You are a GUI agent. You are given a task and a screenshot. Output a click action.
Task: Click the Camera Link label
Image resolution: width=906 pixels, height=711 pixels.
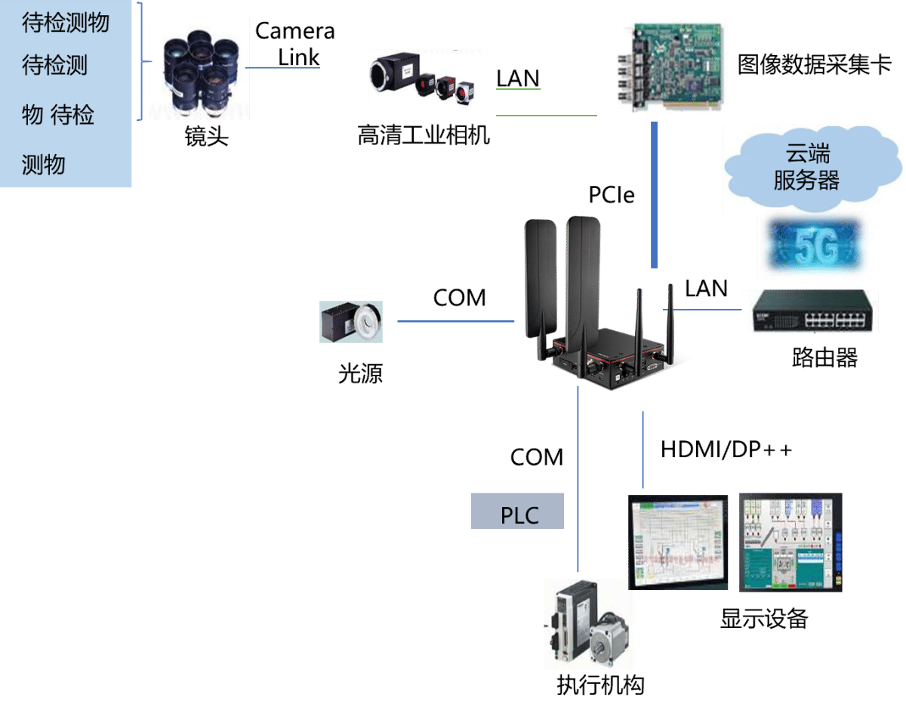(295, 43)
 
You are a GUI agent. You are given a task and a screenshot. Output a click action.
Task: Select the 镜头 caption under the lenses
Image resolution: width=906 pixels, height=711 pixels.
(206, 137)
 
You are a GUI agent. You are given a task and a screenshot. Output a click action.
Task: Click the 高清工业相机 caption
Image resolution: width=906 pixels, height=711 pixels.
(424, 136)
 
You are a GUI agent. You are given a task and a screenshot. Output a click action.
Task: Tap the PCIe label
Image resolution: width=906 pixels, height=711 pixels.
(612, 195)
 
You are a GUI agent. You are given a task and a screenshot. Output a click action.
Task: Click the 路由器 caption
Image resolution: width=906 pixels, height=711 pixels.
(824, 357)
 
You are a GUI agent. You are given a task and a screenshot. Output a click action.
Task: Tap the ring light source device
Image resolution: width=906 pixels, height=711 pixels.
(351, 322)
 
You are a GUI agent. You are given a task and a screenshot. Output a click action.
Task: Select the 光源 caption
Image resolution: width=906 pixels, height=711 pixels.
(360, 374)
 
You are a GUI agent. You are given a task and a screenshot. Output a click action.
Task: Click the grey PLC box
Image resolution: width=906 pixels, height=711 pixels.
(517, 512)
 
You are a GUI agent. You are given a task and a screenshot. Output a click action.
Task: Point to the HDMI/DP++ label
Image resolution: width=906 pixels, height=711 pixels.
(726, 450)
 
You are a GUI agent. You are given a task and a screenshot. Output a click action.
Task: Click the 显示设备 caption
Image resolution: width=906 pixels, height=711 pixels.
(764, 619)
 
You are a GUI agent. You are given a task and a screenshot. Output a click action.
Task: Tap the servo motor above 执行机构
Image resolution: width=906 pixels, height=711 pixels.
(588, 624)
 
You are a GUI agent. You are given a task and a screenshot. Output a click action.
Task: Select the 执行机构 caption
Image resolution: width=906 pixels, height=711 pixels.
(600, 685)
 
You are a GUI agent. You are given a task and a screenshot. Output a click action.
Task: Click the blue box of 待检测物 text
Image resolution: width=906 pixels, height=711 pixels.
(66, 93)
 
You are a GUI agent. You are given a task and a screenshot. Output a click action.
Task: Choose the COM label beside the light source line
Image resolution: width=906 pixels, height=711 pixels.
(459, 298)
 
